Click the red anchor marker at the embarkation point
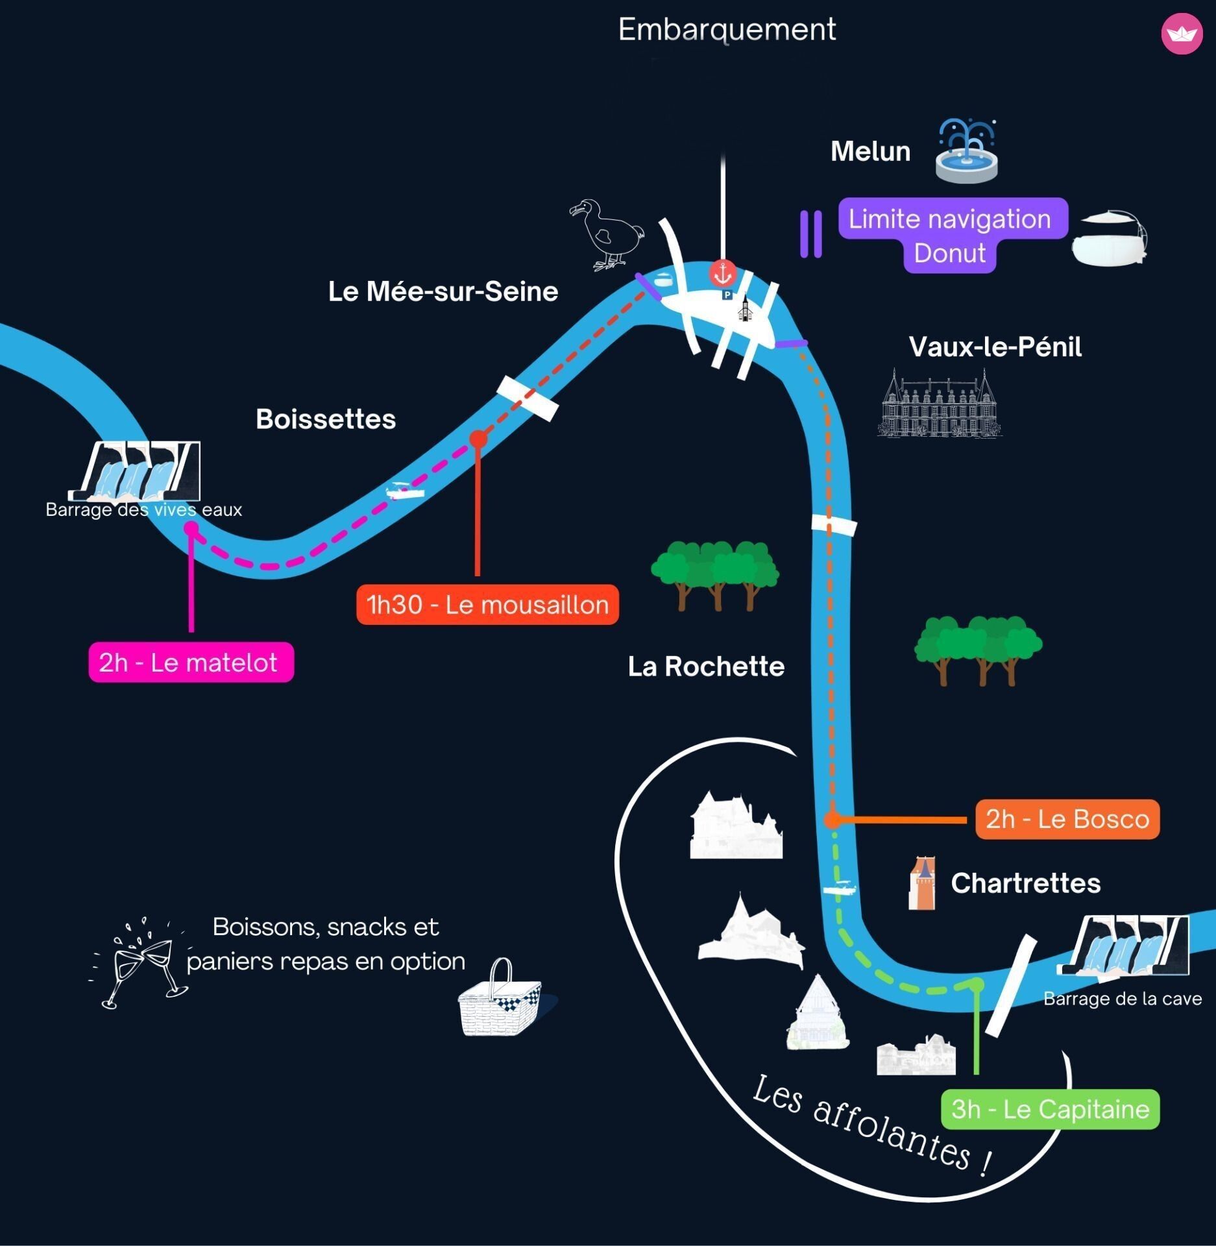tap(722, 274)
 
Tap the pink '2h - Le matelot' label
tap(191, 662)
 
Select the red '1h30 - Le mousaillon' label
tap(487, 605)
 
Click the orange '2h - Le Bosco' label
tap(1067, 819)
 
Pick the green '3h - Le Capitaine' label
tap(1050, 1109)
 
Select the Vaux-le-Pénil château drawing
tap(940, 403)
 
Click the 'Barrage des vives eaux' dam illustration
tap(134, 471)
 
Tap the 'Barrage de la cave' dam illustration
tap(1123, 946)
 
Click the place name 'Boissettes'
tap(326, 419)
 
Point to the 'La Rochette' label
tap(706, 666)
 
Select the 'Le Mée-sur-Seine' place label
tap(443, 291)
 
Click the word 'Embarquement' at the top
tap(727, 29)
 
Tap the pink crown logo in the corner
tap(1182, 33)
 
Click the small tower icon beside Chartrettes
tap(921, 883)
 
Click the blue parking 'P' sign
tap(727, 295)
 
